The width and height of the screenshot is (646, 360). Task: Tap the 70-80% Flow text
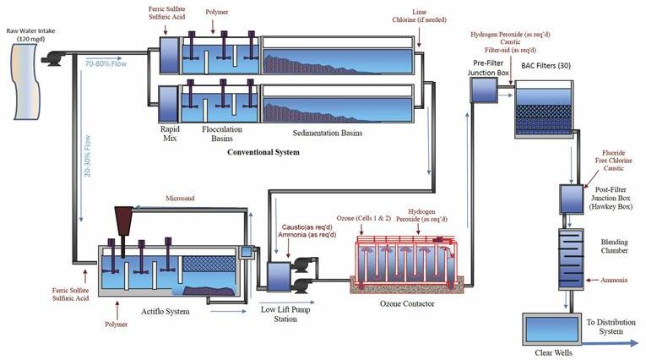(105, 63)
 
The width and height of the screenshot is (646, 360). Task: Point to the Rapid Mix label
(171, 134)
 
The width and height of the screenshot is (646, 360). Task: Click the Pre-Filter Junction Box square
(484, 90)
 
